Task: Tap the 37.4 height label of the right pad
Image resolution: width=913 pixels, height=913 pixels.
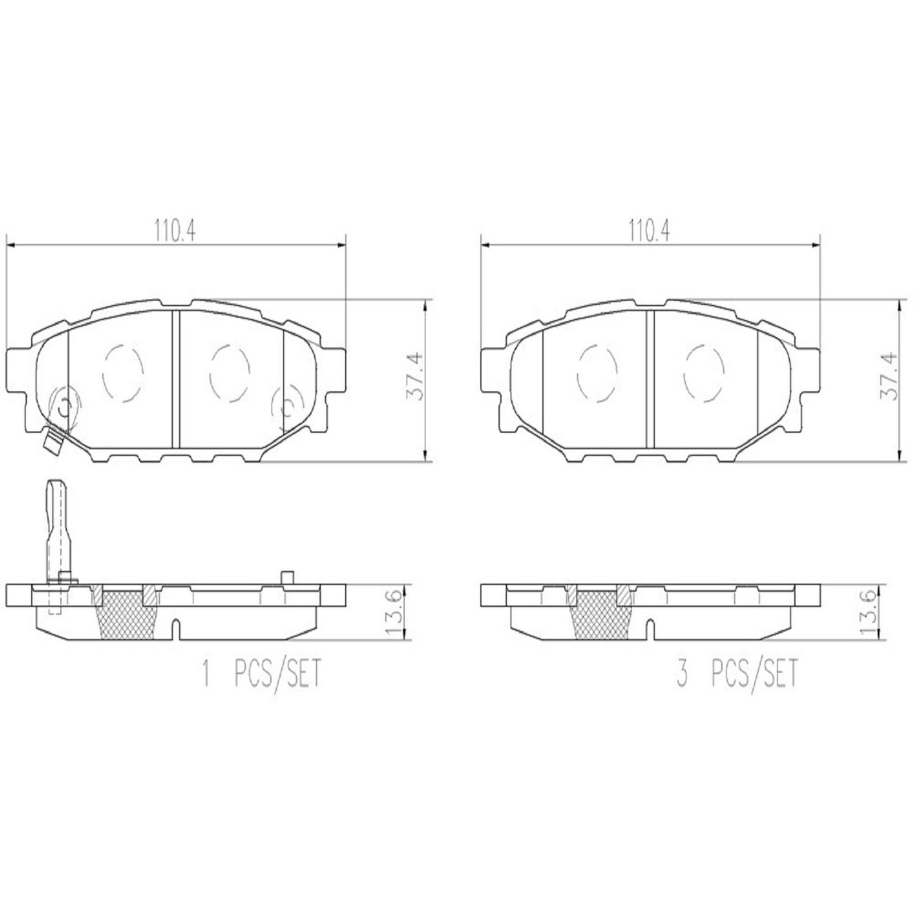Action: click(890, 377)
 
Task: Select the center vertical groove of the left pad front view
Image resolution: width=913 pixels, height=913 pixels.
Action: click(176, 379)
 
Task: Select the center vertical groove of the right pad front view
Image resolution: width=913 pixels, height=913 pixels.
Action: click(650, 379)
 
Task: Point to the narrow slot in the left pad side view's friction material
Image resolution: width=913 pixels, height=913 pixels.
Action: click(176, 629)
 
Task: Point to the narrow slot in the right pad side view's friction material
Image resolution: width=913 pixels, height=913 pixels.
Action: click(651, 629)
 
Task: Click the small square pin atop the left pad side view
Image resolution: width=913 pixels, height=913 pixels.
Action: click(287, 577)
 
